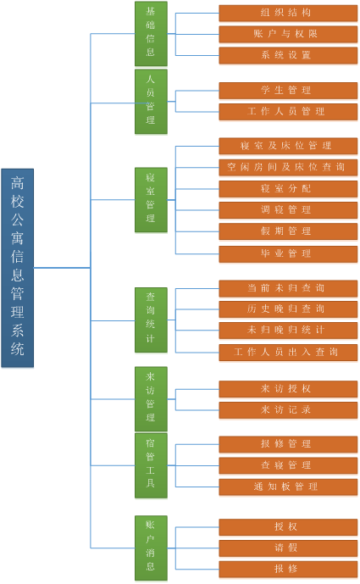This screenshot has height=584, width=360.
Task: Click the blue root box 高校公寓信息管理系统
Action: click(x=18, y=268)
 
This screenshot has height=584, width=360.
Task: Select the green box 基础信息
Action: click(x=151, y=34)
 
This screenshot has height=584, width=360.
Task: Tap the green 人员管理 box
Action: click(x=151, y=102)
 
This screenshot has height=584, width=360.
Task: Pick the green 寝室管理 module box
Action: click(x=151, y=200)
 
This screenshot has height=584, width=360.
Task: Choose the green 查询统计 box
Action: click(x=151, y=320)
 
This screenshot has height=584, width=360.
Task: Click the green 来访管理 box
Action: click(x=151, y=399)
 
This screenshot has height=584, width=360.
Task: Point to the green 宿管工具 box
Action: click(x=151, y=465)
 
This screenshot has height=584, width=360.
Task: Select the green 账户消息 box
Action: click(x=151, y=548)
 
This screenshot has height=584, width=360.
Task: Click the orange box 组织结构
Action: click(x=288, y=13)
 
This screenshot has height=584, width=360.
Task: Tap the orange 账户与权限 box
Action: click(x=288, y=34)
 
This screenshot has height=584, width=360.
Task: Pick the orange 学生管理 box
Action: click(x=288, y=91)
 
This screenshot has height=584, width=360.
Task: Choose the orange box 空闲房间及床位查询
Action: click(x=288, y=167)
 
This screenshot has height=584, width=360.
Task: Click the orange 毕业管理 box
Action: click(x=288, y=254)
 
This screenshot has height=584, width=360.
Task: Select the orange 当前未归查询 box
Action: click(x=288, y=288)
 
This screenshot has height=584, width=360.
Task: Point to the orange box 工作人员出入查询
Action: click(x=288, y=353)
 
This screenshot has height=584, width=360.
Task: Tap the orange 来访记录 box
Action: click(x=288, y=410)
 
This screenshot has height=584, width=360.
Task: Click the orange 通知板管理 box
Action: click(x=288, y=487)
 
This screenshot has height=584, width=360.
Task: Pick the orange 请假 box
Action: click(x=288, y=548)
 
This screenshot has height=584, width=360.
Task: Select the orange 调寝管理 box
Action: click(x=288, y=210)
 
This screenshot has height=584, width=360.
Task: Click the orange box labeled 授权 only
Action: click(x=288, y=527)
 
